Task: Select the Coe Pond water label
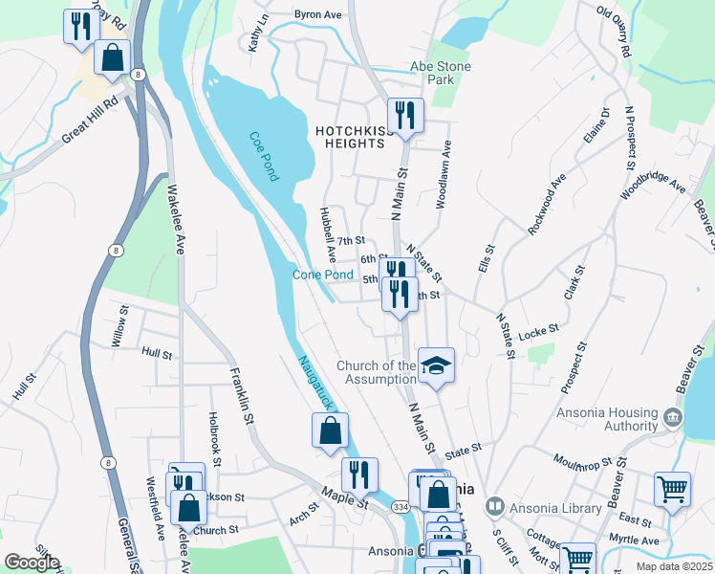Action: (264, 157)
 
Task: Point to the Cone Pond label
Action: (322, 276)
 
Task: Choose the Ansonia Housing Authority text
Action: (607, 418)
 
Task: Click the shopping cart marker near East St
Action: (672, 489)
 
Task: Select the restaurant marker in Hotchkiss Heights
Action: (405, 115)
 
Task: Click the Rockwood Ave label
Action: (547, 204)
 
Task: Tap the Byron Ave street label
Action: (317, 15)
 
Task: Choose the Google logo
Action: (32, 563)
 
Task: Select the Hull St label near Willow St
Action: (156, 353)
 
